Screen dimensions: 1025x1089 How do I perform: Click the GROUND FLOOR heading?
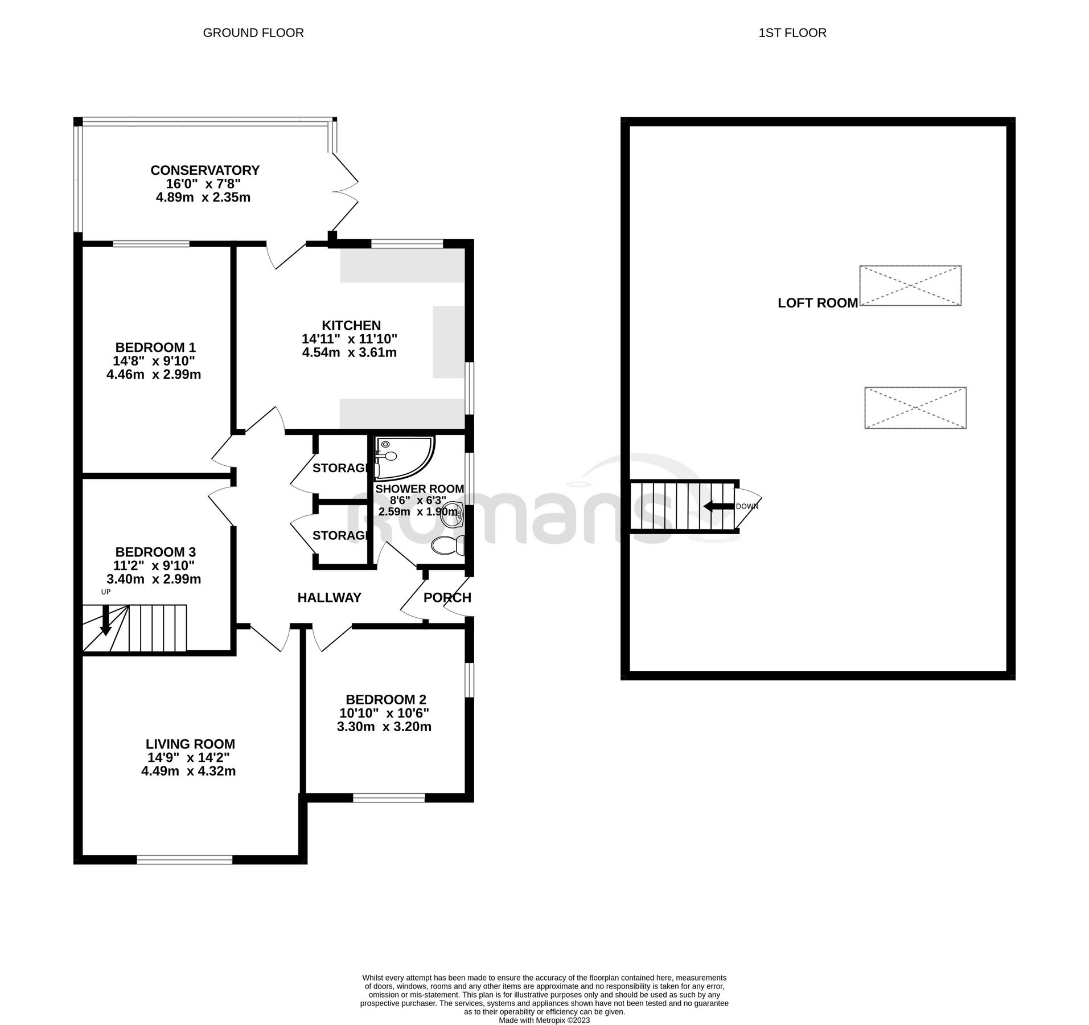(x=253, y=33)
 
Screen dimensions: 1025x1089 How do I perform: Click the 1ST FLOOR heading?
(x=792, y=33)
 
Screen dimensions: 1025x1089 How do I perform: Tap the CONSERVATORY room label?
(x=204, y=170)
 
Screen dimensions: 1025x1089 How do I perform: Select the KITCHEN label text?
(x=351, y=325)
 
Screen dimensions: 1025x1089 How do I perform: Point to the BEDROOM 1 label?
(x=155, y=347)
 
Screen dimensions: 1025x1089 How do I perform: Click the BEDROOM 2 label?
(x=385, y=699)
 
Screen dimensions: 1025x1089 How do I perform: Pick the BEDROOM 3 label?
(x=155, y=552)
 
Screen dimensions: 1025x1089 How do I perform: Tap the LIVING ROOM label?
(x=190, y=744)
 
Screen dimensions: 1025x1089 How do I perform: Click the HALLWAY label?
(x=329, y=597)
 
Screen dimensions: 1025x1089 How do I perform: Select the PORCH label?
(x=447, y=597)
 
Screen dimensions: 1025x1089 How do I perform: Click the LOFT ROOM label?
(x=817, y=303)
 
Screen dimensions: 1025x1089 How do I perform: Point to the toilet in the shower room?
(x=447, y=546)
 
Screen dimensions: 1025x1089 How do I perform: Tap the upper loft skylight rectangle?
(x=910, y=285)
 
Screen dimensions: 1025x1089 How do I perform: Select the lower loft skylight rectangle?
(x=915, y=408)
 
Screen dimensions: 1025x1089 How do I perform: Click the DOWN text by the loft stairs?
(x=747, y=506)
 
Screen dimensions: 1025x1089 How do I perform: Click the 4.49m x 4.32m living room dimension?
(x=188, y=771)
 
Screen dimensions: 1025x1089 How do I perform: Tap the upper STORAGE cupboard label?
(x=340, y=468)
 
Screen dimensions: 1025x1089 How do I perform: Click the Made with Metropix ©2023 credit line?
(x=544, y=1020)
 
